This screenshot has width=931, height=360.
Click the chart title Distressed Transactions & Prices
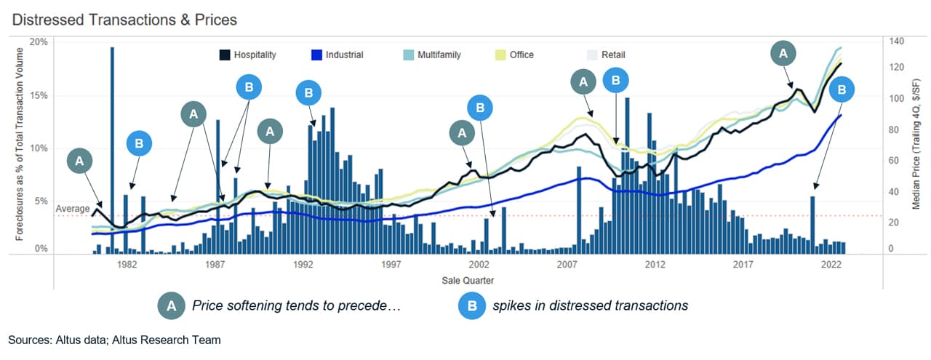(x=124, y=20)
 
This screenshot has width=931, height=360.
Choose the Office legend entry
(x=521, y=55)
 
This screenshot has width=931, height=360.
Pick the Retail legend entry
(x=612, y=55)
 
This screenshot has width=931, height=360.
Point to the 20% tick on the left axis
(x=39, y=42)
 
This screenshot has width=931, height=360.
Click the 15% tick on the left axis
(x=39, y=95)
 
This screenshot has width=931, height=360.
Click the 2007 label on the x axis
(x=567, y=266)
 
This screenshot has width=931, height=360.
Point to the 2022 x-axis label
(x=831, y=266)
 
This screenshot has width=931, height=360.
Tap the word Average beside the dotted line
(x=72, y=209)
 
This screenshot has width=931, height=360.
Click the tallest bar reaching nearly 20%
(x=113, y=145)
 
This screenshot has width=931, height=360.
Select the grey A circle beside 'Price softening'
(x=171, y=306)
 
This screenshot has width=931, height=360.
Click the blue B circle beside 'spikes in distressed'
(x=471, y=306)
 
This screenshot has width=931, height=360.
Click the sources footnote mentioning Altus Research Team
(x=114, y=340)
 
